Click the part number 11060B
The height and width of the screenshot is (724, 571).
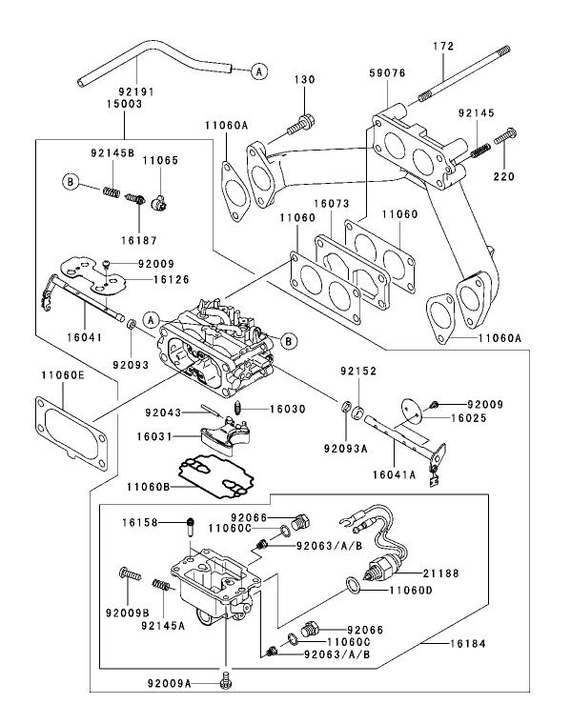[x=149, y=487]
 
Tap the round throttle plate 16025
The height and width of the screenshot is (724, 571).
[x=410, y=411]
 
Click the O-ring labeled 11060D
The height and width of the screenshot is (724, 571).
[x=354, y=583]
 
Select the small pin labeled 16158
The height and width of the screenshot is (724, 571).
[x=191, y=522]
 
